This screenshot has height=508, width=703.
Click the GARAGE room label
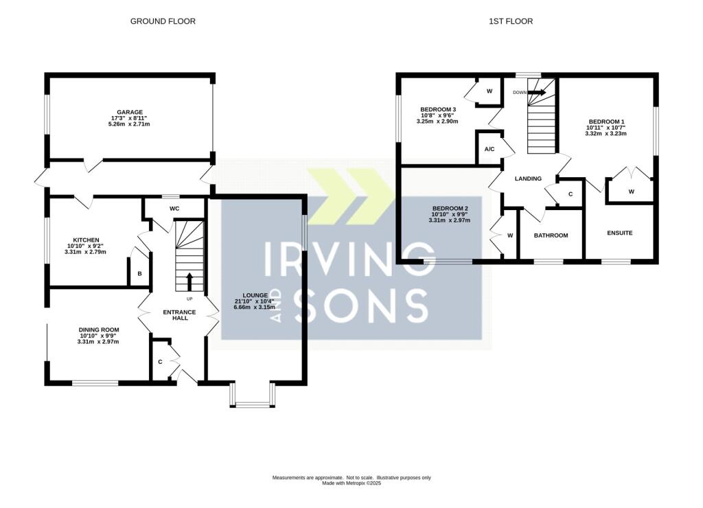point(130,112)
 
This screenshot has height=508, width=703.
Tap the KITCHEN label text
point(86,240)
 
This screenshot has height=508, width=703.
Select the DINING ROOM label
point(99,330)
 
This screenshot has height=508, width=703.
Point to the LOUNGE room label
point(255,295)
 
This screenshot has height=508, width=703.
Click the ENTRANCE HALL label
point(179,314)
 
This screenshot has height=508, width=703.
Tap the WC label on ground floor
point(174,209)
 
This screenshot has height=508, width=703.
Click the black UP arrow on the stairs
point(189,281)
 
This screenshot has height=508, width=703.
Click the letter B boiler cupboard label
point(139,273)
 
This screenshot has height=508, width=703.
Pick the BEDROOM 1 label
point(606,122)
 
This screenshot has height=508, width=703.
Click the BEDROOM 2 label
point(450,208)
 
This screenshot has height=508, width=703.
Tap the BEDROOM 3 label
point(438,109)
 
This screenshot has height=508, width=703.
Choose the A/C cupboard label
point(489,149)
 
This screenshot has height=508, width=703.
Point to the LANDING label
point(528,178)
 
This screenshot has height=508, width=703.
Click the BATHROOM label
point(551,235)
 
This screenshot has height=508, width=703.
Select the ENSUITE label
point(620,233)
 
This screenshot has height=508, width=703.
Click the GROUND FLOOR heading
point(163,21)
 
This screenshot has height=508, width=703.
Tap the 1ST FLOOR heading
point(511,21)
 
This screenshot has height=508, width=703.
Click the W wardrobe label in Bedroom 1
point(632,192)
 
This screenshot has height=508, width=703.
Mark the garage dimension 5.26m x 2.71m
point(129,124)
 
